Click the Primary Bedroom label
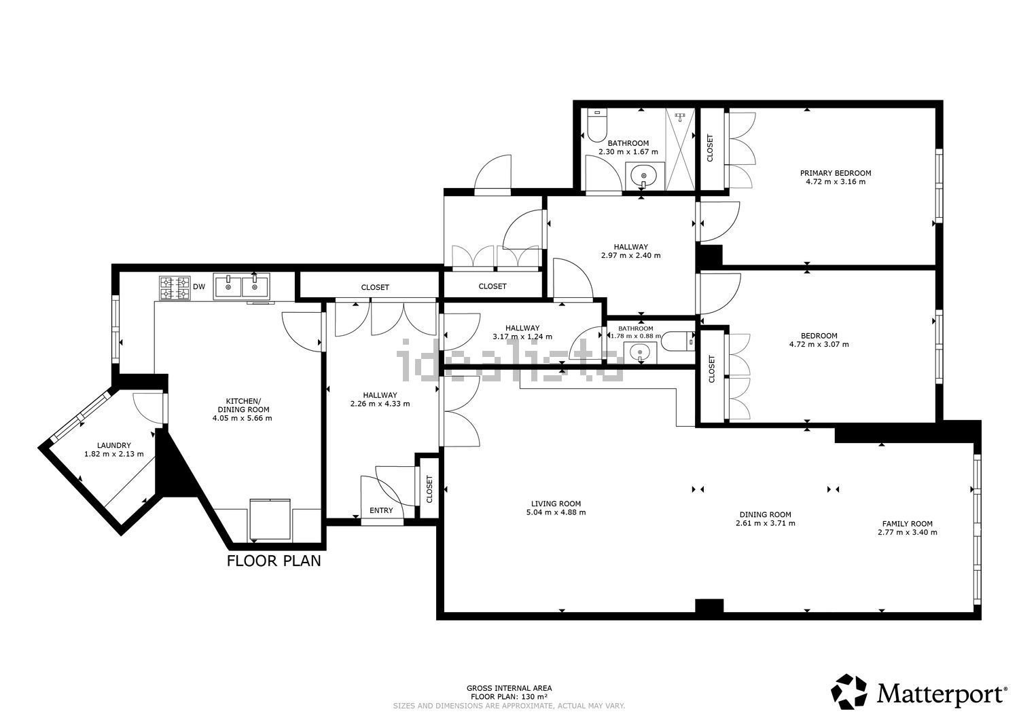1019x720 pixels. point(835,173)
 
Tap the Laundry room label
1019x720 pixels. point(113,446)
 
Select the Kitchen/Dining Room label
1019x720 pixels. point(243,405)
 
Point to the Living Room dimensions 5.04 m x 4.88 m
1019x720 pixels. point(556,512)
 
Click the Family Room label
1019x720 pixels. point(907,524)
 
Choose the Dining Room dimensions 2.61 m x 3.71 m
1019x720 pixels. point(765,523)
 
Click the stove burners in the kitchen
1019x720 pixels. point(174,287)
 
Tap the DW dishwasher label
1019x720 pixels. point(198,287)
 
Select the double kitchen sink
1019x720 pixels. point(241,286)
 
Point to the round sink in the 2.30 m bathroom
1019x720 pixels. point(643,177)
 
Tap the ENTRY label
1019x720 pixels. point(380,510)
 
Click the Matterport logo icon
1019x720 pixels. point(850,691)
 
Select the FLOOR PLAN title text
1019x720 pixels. point(273,561)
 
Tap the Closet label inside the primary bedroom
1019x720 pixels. point(711,148)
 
